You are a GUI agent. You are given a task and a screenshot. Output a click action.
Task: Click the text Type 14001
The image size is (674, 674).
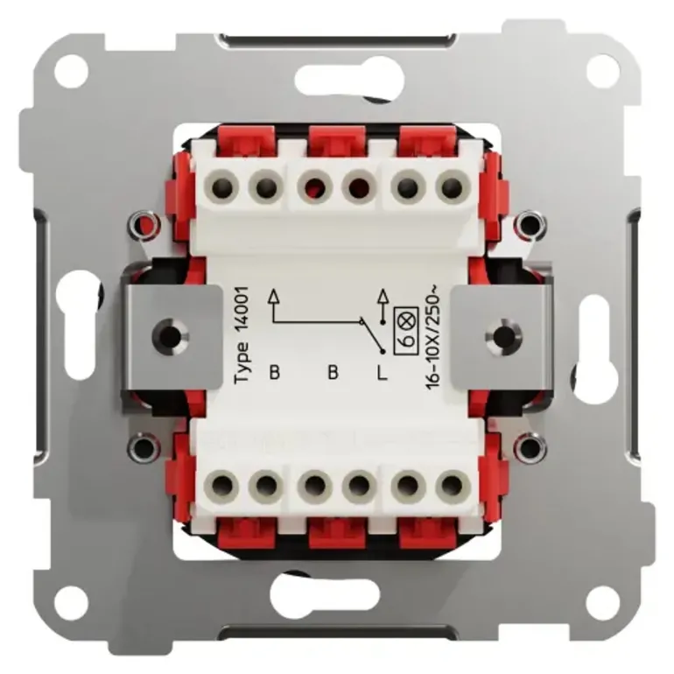[x=241, y=335]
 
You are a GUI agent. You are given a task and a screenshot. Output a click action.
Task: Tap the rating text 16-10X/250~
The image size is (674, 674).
[x=432, y=341]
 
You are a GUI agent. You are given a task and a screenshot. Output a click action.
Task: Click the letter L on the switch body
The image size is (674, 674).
[x=383, y=372]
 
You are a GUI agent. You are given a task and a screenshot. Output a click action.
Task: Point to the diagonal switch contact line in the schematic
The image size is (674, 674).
[x=372, y=336]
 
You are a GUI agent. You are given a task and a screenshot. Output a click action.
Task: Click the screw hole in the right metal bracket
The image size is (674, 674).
[x=503, y=335]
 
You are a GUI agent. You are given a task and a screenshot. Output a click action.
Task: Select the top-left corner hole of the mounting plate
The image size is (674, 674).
[x=71, y=70]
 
